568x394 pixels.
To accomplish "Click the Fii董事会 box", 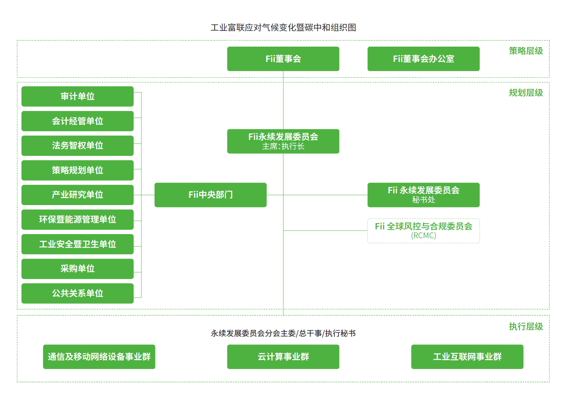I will coord(283,59).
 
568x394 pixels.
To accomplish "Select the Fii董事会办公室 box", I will coord(423,59).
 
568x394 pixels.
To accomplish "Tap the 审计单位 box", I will coord(77,96).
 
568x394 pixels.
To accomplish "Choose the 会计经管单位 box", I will coord(77,121).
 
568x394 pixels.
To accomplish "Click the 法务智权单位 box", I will coord(77,146).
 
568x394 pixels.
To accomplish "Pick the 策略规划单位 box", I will coord(77,170).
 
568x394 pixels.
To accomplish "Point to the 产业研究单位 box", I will coord(77,195).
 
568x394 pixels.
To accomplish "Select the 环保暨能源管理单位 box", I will coord(77,220).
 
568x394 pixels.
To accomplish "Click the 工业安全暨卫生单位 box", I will coord(77,244).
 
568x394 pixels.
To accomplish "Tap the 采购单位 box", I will coord(77,269).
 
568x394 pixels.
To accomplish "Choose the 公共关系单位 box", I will coord(77,293).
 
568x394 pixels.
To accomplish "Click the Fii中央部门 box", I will coord(210,195).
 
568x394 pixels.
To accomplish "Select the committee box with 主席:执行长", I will coord(283,141).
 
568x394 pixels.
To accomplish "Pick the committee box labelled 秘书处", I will coord(423,195).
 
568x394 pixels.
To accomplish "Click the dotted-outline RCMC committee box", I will coord(423,231).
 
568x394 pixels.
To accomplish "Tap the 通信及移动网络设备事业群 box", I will coord(99,356).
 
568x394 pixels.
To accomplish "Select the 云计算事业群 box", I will coord(283,356).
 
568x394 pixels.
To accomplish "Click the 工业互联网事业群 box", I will coord(467,356).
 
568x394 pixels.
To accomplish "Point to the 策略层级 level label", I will coord(526,51).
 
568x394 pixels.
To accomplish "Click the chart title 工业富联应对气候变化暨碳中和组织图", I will coord(283,28).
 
